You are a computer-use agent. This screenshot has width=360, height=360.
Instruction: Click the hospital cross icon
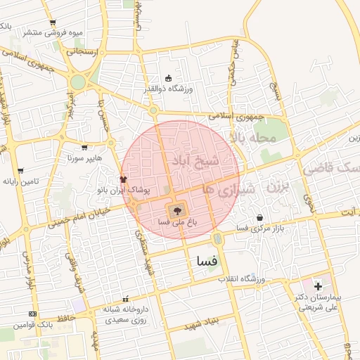pos(318,285)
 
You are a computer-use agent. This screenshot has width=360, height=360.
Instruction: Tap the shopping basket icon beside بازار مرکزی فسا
pos(261,217)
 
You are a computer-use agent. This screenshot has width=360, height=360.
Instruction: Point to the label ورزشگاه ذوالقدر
pos(168,89)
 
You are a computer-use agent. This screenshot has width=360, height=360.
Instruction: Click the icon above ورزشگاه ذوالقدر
pos(167,78)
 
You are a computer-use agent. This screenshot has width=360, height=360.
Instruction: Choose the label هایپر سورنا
pos(85,158)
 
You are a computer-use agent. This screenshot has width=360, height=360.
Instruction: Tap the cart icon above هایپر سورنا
pos(85,148)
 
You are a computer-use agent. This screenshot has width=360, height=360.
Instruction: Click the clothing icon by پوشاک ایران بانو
pos(124,180)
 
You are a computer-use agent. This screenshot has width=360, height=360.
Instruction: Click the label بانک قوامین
pos(33,324)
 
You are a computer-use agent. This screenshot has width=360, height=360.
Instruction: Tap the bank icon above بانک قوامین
pos(32,314)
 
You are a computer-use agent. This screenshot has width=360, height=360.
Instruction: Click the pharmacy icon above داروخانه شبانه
pos(126,299)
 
